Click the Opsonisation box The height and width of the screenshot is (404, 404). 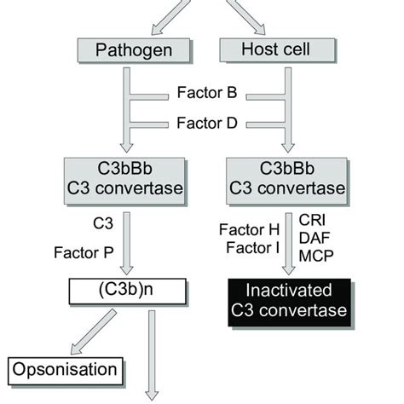(x=65, y=369)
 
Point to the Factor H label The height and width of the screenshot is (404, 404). (x=248, y=232)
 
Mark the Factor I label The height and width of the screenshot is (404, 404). (x=248, y=248)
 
